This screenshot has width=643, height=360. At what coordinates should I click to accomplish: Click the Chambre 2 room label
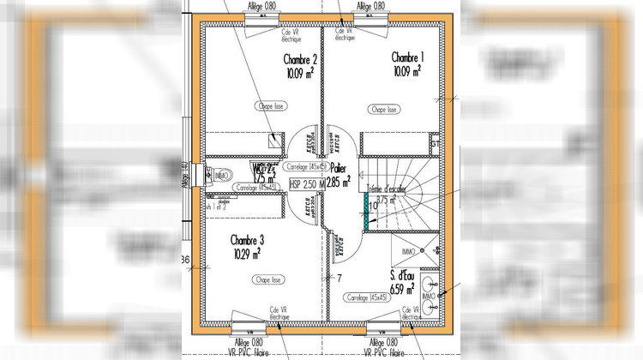(x=301, y=59)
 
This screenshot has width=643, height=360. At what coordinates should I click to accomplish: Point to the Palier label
(x=340, y=170)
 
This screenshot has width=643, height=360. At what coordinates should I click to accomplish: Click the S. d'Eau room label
(x=405, y=276)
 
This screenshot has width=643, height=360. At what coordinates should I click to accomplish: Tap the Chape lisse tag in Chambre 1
(x=384, y=110)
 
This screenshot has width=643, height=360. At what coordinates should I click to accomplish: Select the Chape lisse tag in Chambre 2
(x=271, y=105)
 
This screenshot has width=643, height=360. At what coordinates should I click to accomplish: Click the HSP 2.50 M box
(x=307, y=183)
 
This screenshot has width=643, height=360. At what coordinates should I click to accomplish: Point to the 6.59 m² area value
(x=404, y=290)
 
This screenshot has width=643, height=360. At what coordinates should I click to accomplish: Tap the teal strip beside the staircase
(x=367, y=211)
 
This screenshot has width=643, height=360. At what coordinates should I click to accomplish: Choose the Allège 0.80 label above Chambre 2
(x=261, y=6)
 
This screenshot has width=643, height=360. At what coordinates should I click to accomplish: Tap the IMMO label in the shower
(x=408, y=251)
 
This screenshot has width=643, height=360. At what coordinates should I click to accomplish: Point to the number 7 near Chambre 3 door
(x=339, y=278)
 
